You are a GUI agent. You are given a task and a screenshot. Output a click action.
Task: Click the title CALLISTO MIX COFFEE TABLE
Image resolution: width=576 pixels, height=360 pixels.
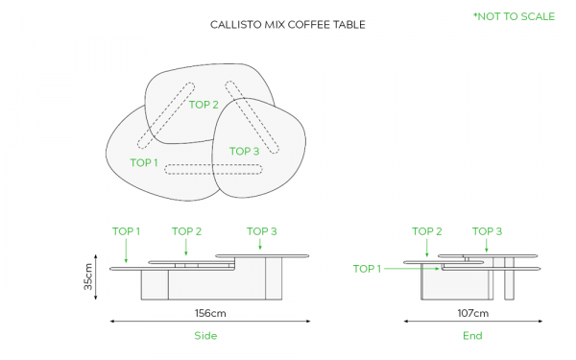pos(288,25)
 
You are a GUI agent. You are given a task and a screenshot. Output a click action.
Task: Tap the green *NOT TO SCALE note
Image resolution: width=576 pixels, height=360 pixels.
pos(514,16)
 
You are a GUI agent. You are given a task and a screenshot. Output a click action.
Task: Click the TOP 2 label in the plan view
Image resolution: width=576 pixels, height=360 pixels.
pos(204,105)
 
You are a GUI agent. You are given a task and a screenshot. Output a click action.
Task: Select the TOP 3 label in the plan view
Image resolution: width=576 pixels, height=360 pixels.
pos(244,151)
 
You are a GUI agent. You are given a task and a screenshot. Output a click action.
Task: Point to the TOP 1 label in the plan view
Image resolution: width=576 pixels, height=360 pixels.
pos(144,163)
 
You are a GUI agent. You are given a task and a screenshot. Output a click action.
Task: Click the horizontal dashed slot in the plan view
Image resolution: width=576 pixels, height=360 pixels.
pos(213,169)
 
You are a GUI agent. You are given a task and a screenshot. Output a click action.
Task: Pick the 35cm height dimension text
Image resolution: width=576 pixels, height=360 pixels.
pos(88,276)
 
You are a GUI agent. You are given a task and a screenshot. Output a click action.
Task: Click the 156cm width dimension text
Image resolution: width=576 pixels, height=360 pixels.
pos(210,313)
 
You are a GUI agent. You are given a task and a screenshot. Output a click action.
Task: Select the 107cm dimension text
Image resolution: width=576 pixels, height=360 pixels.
pos(472,313)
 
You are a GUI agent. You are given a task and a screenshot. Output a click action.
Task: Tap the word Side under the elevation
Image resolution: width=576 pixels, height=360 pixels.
pos(205,335)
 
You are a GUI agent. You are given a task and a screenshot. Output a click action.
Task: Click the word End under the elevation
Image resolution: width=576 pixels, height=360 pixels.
pos(472,335)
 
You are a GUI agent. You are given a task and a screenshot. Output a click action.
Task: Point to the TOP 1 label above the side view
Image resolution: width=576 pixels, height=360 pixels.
pos(126,231)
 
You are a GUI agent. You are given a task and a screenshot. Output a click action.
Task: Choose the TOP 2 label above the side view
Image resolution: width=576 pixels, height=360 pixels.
pos(186,231)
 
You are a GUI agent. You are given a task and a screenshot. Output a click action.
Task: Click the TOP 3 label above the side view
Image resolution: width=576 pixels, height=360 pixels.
pos(261,231)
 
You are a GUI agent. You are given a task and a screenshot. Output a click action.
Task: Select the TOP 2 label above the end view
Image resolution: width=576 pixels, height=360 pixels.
pos(427,231)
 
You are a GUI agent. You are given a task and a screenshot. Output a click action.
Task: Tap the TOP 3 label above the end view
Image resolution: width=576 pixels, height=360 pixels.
pos(487,231)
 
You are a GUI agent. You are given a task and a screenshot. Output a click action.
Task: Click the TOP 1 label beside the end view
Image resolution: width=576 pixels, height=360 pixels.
pos(367,269)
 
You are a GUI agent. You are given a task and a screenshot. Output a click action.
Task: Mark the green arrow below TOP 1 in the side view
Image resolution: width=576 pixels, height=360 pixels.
pos(126,251)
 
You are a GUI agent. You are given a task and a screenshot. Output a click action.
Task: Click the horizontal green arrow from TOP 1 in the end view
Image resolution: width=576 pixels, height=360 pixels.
pos(412,269)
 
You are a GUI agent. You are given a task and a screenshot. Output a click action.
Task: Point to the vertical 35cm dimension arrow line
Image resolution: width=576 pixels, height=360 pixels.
pos(96,277)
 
